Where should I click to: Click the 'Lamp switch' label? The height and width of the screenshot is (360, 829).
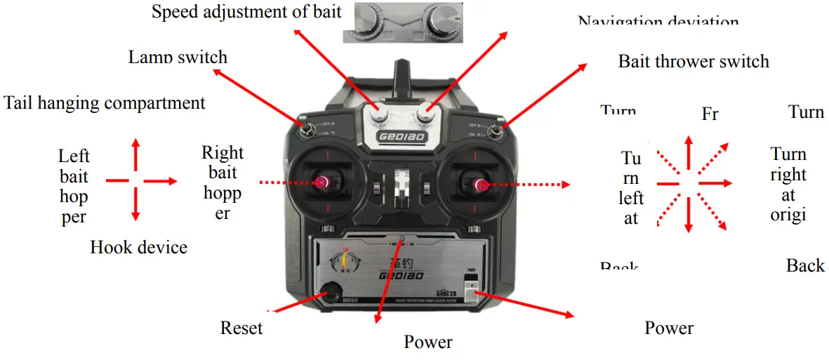tap(178, 58)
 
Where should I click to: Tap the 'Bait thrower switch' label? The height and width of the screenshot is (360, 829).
tap(693, 62)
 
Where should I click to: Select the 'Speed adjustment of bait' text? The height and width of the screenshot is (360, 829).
tap(246, 12)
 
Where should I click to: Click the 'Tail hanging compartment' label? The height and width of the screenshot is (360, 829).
tap(105, 104)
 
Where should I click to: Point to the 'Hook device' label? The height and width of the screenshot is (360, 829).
tap(138, 247)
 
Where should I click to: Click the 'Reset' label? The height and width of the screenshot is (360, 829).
tap(241, 328)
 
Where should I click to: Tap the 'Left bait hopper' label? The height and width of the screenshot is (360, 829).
tap(74, 186)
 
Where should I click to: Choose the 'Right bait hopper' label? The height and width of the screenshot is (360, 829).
tap(223, 182)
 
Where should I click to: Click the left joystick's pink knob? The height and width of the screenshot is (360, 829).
tap(322, 182)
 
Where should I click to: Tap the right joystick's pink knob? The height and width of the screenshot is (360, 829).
tap(481, 185)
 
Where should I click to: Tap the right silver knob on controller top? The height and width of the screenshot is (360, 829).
tap(425, 112)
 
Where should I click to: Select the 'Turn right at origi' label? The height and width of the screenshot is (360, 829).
tap(788, 184)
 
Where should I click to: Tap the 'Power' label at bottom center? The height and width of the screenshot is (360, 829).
tap(428, 342)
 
